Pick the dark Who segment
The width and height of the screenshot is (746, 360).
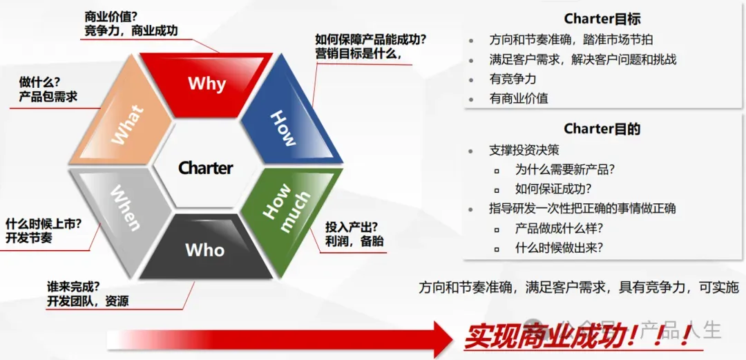pos(206,247)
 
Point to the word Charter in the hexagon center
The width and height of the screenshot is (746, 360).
pos(206,168)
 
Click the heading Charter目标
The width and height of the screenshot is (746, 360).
pos(602,19)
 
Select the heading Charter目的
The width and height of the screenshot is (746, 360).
pos(602,129)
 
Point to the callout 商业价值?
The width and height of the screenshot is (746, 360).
pos(108,17)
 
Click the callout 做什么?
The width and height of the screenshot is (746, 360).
pos(39,82)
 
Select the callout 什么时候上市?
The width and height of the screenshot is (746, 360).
pos(44,224)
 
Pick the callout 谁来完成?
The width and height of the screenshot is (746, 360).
pos(73,287)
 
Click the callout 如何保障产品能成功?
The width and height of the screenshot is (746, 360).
pos(370,39)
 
